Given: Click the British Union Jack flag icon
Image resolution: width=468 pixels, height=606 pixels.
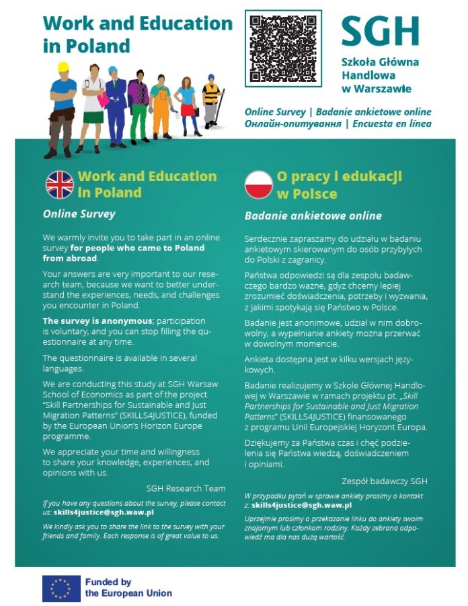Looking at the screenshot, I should coord(59,184).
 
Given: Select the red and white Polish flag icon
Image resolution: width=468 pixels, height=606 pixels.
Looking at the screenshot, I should coord(259,185).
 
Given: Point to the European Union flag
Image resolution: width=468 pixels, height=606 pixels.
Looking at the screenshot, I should coord(61,588).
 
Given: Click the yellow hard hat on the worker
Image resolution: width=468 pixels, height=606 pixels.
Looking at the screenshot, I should coord(64,67).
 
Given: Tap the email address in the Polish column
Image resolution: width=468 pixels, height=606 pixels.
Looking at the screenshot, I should coord(302,504).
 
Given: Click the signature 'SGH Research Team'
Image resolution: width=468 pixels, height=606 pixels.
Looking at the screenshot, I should coord(186,488).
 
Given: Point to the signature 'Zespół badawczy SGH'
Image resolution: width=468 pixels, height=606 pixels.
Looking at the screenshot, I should coord(384,481).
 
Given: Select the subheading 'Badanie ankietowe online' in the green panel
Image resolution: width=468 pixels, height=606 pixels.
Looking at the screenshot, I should coord(313,216).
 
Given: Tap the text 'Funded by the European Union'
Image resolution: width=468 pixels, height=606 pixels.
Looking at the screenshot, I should coord(128,588).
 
